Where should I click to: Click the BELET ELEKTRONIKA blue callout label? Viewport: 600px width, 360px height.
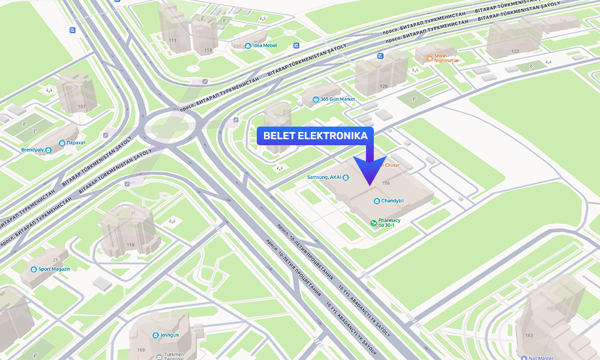pyautogui.click(x=315, y=136)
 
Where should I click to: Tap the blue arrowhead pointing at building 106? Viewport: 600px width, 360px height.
pyautogui.click(x=368, y=170)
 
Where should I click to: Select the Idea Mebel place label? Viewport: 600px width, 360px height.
pyautogui.click(x=265, y=46)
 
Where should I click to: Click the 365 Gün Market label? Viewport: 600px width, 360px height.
pyautogui.click(x=337, y=99)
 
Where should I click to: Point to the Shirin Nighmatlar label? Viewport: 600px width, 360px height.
pyautogui.click(x=446, y=58)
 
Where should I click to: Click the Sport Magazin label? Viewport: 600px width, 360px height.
pyautogui.click(x=54, y=269)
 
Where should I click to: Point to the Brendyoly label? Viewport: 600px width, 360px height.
pyautogui.click(x=33, y=150)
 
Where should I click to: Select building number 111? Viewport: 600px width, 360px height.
pyautogui.click(x=173, y=41)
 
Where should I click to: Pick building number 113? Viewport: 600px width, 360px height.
pyautogui.click(x=208, y=50)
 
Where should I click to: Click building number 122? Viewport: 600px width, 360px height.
pyautogui.click(x=515, y=51)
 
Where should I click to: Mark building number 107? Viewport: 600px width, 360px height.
pyautogui.click(x=82, y=107)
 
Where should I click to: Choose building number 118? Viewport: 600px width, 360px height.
pyautogui.click(x=131, y=245)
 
